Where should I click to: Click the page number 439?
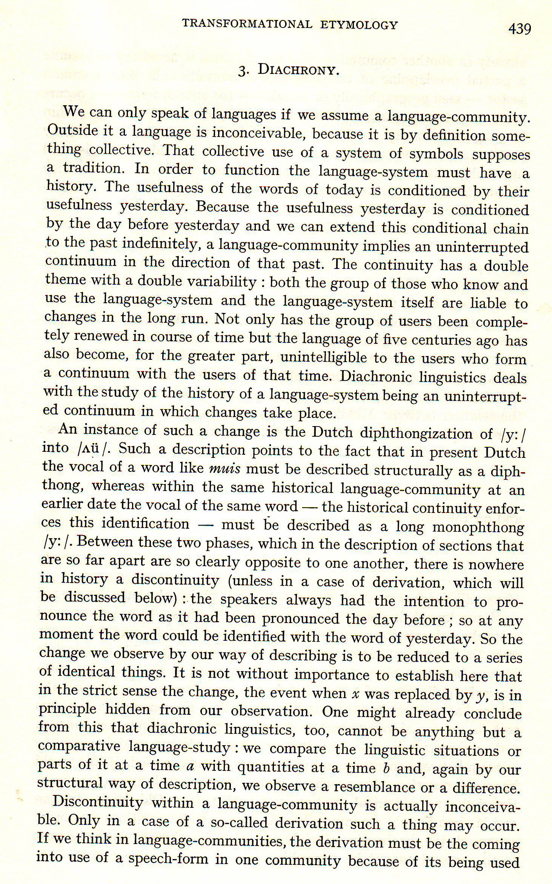520,29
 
